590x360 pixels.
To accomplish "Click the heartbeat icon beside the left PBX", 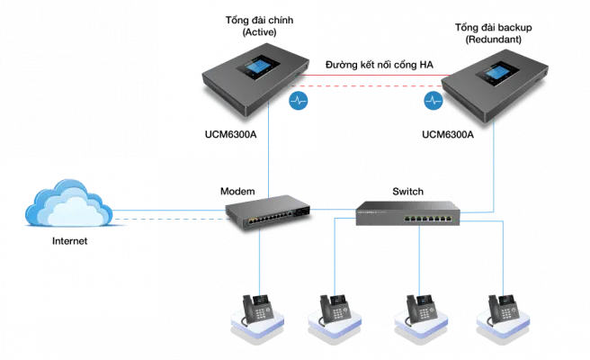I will pos(299,100).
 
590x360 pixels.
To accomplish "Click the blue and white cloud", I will pos(68,205).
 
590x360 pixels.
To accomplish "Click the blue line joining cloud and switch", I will pos(171,213).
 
